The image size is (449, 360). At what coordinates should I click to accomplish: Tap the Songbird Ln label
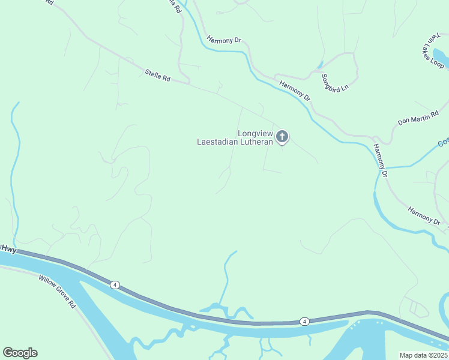[334, 83]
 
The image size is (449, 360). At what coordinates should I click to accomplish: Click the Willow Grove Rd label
[57, 292]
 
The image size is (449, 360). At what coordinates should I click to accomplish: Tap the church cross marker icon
[282, 137]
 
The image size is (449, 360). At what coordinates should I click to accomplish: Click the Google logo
[20, 353]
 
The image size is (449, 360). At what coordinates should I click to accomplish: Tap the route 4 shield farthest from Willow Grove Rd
[305, 322]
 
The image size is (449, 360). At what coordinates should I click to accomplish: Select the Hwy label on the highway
[8, 248]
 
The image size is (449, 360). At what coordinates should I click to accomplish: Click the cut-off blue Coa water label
[443, 143]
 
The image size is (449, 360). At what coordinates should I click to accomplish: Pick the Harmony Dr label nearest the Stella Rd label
[223, 40]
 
